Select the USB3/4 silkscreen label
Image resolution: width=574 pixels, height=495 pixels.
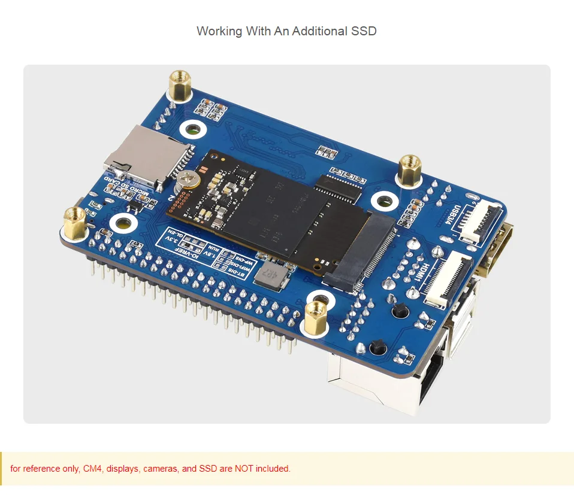(x=457, y=218)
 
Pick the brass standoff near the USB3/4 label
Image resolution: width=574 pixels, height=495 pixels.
(x=410, y=169)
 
